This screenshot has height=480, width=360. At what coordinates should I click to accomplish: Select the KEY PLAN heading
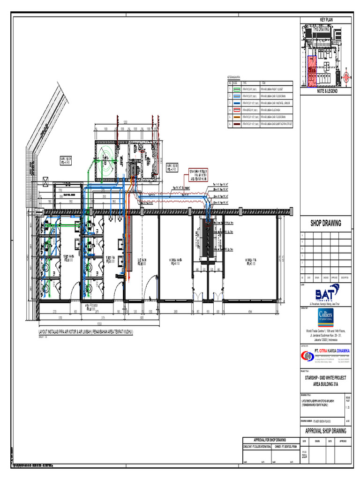pos(325,19)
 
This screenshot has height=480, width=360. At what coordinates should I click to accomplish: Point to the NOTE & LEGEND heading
pos(325,91)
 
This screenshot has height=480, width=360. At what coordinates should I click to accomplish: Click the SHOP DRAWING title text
pos(325,223)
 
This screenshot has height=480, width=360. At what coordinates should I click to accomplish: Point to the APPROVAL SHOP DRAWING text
pos(325,431)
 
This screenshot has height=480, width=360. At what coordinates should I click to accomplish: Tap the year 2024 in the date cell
pos(305,455)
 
